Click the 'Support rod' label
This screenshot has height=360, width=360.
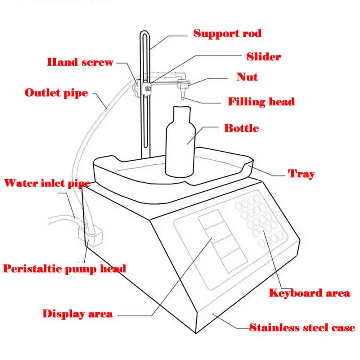pyautogui.click(x=227, y=33)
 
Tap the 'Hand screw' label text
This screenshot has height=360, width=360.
pyautogui.click(x=80, y=62)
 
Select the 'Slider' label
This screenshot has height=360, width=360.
pyautogui.click(x=264, y=57)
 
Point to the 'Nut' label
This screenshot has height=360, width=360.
pyautogui.click(x=247, y=77)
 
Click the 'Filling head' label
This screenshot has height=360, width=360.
pyautogui.click(x=261, y=101)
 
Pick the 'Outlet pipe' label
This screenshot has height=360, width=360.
pyautogui.click(x=56, y=93)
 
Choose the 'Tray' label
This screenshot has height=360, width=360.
pyautogui.click(x=301, y=174)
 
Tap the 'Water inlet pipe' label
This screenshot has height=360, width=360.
pyautogui.click(x=47, y=183)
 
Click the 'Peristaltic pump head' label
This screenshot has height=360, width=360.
pyautogui.click(x=64, y=269)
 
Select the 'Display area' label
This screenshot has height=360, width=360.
pyautogui.click(x=77, y=314)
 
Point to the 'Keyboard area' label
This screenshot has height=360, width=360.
pyautogui.click(x=309, y=293)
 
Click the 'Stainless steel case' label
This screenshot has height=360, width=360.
pyautogui.click(x=302, y=328)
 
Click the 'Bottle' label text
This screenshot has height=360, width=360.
pyautogui.click(x=242, y=128)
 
